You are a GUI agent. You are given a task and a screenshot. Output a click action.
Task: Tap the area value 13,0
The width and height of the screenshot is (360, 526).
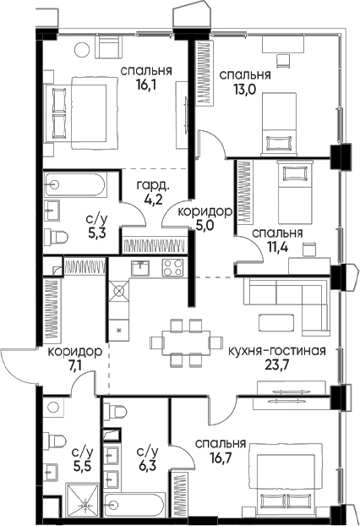point(245,90)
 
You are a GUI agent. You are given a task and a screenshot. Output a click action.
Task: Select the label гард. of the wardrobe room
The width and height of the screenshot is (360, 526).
point(153,185)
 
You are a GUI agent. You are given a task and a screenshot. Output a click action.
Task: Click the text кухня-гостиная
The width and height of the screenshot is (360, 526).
point(277,351)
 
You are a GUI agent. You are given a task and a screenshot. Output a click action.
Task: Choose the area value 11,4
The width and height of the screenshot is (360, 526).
point(277,247)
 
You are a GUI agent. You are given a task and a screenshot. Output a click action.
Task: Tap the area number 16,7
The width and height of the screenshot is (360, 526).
point(221,458)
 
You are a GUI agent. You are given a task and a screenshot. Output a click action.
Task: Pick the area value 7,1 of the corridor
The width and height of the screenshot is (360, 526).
point(75,365)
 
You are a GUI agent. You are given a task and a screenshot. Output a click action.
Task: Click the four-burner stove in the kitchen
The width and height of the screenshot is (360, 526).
point(172,268)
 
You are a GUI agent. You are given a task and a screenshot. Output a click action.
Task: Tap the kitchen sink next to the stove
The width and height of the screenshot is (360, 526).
point(140,268)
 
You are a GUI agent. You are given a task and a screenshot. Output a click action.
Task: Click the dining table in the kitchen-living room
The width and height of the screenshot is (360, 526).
point(187,342)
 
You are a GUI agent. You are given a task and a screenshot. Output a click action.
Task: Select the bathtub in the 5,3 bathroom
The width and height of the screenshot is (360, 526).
point(74,184)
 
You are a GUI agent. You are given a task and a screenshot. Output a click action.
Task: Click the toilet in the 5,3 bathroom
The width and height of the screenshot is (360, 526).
point(57,237)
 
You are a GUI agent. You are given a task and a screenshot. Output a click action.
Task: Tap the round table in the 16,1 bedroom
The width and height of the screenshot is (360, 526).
point(83,50)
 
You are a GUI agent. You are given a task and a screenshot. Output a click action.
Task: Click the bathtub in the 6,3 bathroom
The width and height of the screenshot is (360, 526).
point(134,504)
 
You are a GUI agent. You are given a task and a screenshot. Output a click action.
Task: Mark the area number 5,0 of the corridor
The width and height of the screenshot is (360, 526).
point(205,224)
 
